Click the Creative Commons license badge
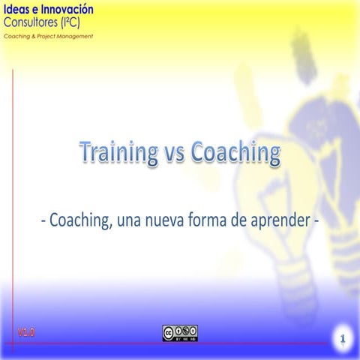[180, 332]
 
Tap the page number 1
[341, 340]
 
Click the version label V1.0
[26, 331]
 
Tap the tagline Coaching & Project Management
[48, 35]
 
